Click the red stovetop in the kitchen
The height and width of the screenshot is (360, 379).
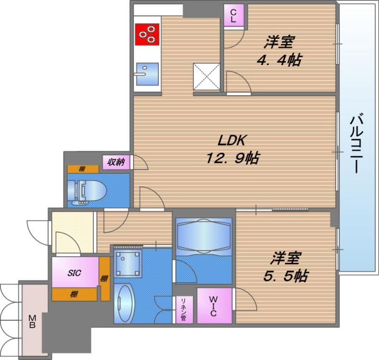[147, 34]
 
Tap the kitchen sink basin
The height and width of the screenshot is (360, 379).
[147, 74]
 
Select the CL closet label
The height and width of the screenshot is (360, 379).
[233, 16]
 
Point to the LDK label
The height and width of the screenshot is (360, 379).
[232, 140]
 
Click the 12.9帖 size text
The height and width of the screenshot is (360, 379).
[233, 158]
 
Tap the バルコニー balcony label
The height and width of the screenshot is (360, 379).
[357, 143]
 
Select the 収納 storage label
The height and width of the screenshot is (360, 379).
[116, 162]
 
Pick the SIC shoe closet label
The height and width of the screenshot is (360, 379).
[74, 273]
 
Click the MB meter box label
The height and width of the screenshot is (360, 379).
[32, 321]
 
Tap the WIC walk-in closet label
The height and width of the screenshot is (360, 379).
[213, 306]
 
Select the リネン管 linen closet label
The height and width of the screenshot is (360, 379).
[183, 310]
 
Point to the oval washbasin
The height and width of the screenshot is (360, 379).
[124, 304]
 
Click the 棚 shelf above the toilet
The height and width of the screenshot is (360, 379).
[82, 169]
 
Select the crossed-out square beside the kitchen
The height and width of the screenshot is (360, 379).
[207, 76]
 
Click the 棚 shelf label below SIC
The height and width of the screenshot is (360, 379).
[74, 295]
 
